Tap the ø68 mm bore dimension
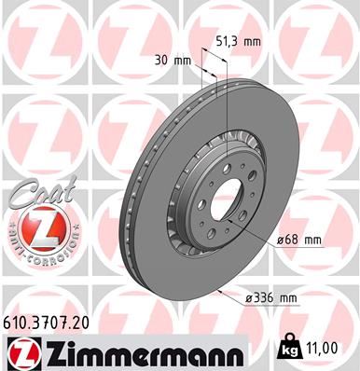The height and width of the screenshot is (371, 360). (x=299, y=240)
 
